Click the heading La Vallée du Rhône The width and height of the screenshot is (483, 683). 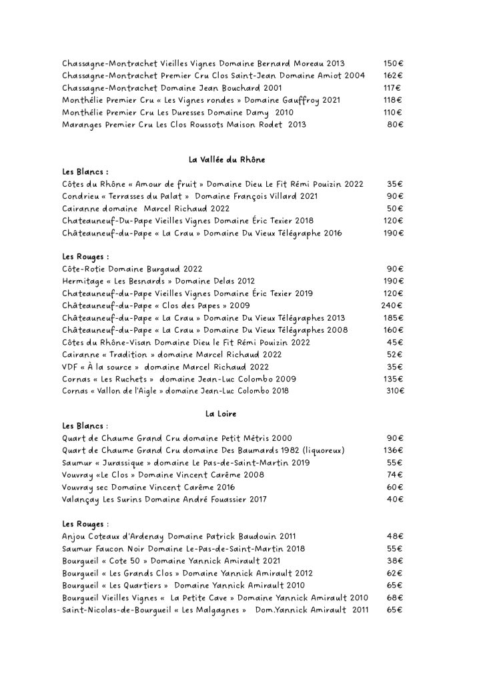click(x=227, y=159)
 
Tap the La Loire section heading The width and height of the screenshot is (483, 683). click(x=221, y=414)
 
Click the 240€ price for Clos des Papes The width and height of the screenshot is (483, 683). click(x=393, y=305)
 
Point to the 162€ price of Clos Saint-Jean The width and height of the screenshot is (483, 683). click(x=393, y=75)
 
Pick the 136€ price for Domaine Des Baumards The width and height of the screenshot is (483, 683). click(x=393, y=451)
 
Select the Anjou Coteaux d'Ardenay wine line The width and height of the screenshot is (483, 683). click(x=179, y=536)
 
